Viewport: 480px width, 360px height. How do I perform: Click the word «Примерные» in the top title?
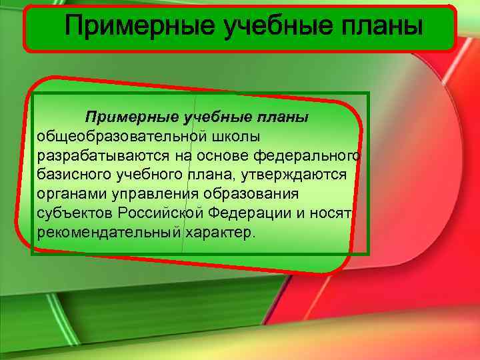pos(139,27)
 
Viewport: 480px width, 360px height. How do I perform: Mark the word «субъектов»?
pos(75,214)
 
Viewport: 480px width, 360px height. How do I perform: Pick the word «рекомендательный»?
pos(109,233)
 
